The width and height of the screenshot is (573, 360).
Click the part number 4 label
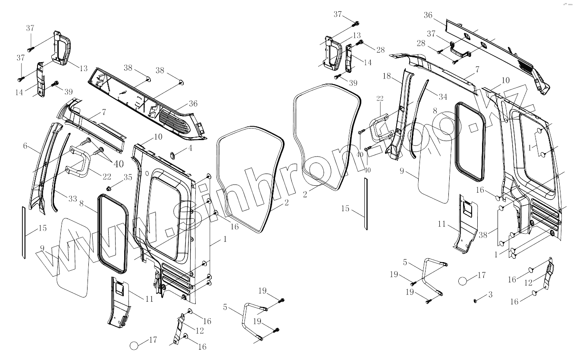(190, 149)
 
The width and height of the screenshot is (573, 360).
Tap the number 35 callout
(128, 177)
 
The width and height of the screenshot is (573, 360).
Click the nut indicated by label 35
(110, 188)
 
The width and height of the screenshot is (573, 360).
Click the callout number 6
(26, 146)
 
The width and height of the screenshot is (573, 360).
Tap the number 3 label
(490, 295)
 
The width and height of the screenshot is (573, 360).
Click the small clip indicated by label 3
(476, 299)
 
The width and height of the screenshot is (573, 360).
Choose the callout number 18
(386, 76)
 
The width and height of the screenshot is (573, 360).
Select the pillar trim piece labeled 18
(399, 112)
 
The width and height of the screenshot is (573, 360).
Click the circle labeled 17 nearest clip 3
(462, 281)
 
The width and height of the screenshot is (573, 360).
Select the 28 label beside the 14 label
(380, 50)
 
